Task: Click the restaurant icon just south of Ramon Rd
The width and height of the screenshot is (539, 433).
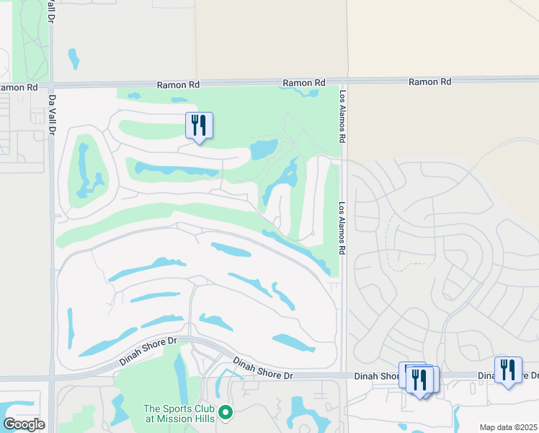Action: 199,126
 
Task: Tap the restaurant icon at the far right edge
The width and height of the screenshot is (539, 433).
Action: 508,369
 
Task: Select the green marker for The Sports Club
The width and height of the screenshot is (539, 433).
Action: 226,412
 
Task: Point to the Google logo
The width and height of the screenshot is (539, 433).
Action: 24,424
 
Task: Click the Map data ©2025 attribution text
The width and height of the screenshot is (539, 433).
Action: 508,427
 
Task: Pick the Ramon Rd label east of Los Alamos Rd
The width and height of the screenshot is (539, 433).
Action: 429,82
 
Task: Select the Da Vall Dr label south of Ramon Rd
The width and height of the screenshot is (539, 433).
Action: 51,116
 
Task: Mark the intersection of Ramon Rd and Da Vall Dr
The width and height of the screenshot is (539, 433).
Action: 51,86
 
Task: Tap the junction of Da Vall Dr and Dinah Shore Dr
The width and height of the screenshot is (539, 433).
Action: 52,377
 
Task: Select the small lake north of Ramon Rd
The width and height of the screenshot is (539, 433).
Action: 73,58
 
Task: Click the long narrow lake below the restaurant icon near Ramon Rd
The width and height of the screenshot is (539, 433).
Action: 177,171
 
